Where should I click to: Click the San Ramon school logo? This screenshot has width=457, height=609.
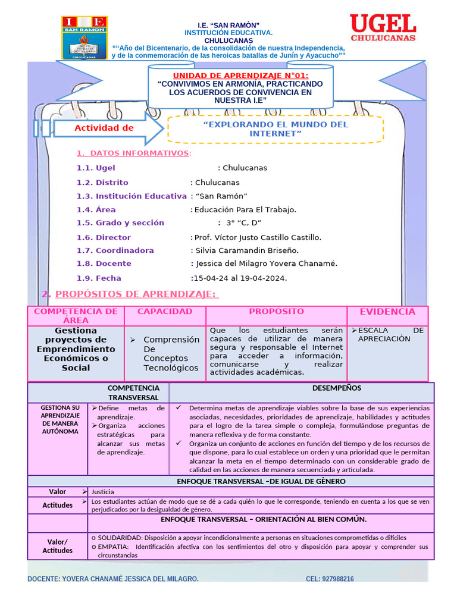click(84, 38)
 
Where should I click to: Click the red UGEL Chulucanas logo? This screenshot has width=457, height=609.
click(383, 28)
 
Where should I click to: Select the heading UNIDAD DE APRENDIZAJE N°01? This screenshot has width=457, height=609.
click(240, 75)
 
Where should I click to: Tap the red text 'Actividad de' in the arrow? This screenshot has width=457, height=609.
click(104, 128)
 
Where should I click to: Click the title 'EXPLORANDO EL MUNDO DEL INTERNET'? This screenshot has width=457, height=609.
click(276, 129)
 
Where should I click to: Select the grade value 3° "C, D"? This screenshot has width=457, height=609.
click(244, 223)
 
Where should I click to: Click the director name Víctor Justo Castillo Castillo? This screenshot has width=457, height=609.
click(258, 237)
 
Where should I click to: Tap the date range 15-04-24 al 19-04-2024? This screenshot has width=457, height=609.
click(239, 278)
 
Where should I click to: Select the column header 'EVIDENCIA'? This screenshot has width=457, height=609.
click(387, 312)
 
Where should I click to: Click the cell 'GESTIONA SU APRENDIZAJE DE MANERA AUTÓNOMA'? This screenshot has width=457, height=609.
click(60, 419)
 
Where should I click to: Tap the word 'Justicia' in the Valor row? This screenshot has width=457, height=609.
click(102, 492)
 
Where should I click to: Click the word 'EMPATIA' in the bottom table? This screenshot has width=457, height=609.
click(111, 547)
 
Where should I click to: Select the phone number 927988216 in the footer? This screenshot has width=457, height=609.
click(330, 579)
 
